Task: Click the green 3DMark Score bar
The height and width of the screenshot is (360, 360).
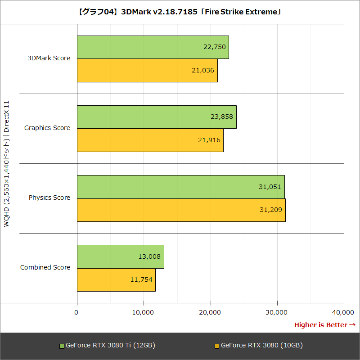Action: (x=153, y=47)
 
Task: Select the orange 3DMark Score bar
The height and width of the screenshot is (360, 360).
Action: (x=147, y=70)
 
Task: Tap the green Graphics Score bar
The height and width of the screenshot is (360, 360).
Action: (x=157, y=117)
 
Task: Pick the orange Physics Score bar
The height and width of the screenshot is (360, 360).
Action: (x=181, y=210)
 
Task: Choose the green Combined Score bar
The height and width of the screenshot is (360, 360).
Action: (x=120, y=256)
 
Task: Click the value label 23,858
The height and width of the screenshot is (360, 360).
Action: (x=221, y=117)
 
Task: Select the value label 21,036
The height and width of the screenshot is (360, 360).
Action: (x=202, y=70)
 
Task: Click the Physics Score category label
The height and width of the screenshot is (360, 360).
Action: (x=49, y=198)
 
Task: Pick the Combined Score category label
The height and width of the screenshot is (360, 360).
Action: (x=45, y=267)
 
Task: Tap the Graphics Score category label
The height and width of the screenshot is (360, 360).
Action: (x=47, y=128)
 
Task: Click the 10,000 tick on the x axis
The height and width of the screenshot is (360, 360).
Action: (x=144, y=312)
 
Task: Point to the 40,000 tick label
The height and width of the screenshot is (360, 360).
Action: (x=344, y=312)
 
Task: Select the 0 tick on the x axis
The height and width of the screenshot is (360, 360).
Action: (x=77, y=312)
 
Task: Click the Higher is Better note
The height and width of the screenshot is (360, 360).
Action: (x=324, y=324)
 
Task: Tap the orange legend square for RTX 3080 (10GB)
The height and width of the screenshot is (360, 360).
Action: (x=216, y=346)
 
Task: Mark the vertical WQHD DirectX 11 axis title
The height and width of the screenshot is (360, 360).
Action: (x=7, y=164)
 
